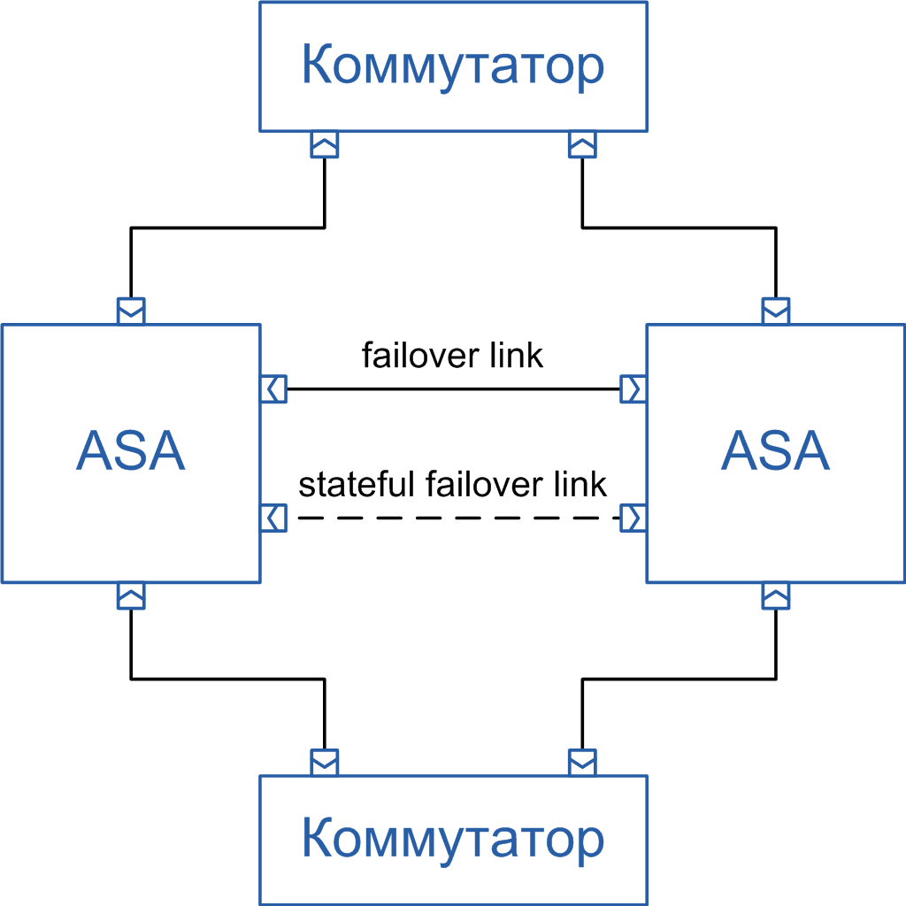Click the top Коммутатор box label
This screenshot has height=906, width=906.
click(x=453, y=65)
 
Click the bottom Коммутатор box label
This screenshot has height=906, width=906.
click(x=453, y=840)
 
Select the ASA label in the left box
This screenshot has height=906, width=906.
click(x=131, y=452)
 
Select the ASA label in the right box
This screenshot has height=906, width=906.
click(x=775, y=452)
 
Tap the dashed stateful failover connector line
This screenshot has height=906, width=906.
click(x=453, y=518)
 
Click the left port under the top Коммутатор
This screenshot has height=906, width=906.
click(x=325, y=144)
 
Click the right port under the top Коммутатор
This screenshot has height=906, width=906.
click(x=582, y=144)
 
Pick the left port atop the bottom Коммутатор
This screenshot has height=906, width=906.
click(x=325, y=761)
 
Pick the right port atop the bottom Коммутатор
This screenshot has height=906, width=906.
click(x=582, y=761)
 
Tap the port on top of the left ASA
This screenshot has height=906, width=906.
click(x=131, y=311)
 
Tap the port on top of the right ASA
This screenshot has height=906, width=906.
click(x=776, y=311)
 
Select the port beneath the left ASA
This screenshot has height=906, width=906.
click(x=131, y=595)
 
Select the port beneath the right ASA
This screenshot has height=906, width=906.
click(x=776, y=595)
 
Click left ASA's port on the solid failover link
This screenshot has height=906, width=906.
click(x=274, y=388)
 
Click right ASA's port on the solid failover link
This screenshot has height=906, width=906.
click(x=633, y=388)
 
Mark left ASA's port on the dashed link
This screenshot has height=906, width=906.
click(x=274, y=518)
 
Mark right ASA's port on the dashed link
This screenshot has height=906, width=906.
click(x=633, y=518)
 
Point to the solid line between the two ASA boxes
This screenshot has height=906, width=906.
click(x=453, y=388)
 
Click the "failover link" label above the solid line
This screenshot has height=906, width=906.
click(x=453, y=356)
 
